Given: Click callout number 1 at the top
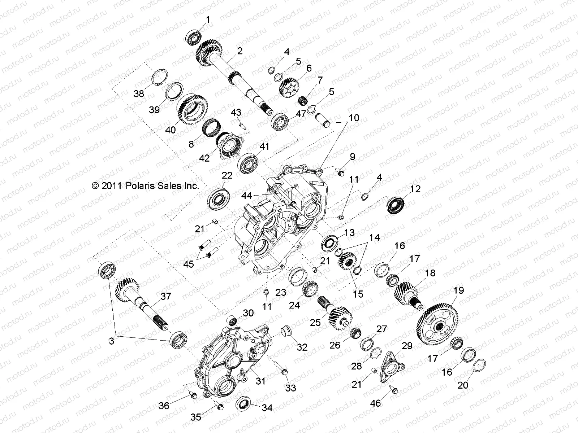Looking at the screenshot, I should [208, 19].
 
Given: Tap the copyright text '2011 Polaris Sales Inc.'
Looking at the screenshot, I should [146, 186].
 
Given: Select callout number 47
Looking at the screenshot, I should [301, 114].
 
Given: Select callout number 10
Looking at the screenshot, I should [354, 118].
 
